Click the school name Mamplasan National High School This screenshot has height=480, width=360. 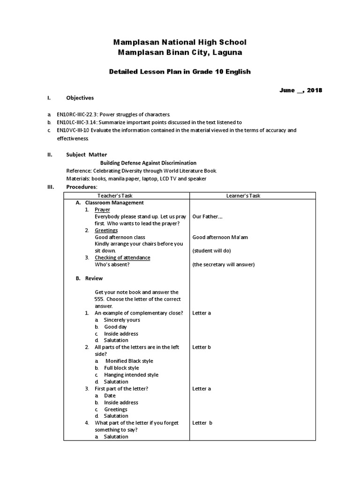tap(180, 42)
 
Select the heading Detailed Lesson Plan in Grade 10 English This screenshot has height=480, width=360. tap(180, 72)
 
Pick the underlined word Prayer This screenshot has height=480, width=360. tap(102, 210)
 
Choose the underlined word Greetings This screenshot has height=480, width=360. tap(106, 230)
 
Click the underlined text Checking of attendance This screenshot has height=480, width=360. tap(122, 257)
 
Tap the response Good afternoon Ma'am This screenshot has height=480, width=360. tap(220, 237)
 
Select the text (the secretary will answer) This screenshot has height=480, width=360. tap(223, 264)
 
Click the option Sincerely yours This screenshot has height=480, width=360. tap(122, 320)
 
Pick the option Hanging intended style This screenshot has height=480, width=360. tap(131, 375)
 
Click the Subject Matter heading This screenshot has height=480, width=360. tap(86, 154)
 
